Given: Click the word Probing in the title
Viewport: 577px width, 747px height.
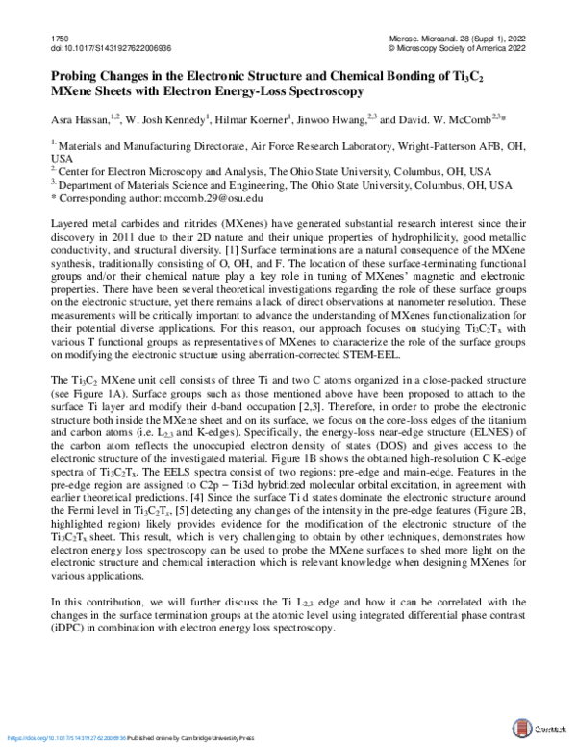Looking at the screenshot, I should point(75,77).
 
